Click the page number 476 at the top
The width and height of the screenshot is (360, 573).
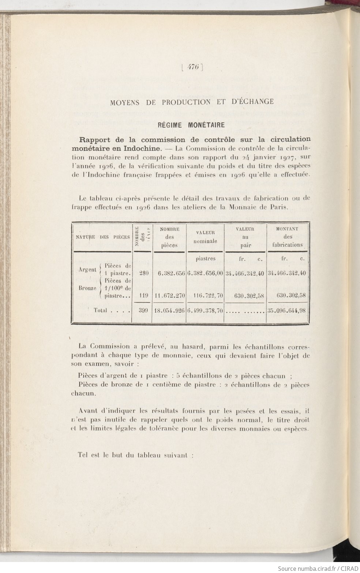click(x=192, y=67)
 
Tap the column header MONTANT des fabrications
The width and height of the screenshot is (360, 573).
click(x=287, y=237)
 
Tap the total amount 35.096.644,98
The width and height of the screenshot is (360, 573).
click(x=287, y=311)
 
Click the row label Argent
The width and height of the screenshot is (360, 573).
click(x=87, y=270)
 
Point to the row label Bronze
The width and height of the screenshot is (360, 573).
click(x=87, y=288)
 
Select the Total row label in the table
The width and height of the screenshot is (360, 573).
click(x=100, y=310)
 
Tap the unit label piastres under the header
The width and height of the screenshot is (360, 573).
click(x=205, y=259)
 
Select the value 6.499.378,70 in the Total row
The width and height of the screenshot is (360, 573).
click(x=205, y=311)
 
